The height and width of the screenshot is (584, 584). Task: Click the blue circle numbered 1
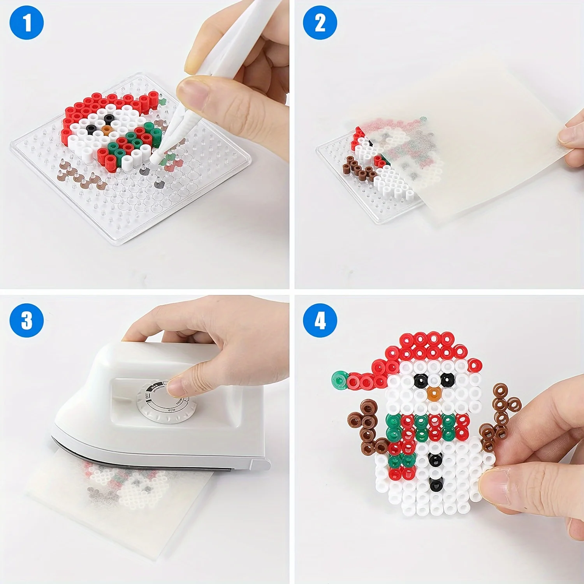[26, 23]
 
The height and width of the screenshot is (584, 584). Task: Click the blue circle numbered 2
[320, 23]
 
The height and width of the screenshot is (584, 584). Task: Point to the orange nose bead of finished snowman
[434, 394]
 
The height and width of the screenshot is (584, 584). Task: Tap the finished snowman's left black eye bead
[420, 380]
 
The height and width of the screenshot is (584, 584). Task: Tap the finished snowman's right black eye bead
[447, 380]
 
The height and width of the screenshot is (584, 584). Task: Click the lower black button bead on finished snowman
[435, 485]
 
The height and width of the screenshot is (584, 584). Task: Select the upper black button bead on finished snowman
[435, 460]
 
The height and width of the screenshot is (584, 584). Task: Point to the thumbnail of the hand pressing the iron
[176, 387]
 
